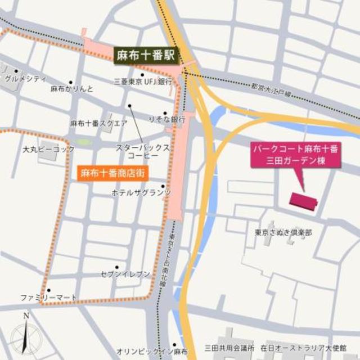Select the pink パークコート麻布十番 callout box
(x=296, y=155)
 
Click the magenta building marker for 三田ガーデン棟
(x=303, y=200)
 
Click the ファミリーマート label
(x=48, y=297)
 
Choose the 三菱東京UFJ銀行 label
(x=142, y=82)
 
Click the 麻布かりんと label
(x=71, y=89)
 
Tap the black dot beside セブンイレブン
(x=117, y=267)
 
